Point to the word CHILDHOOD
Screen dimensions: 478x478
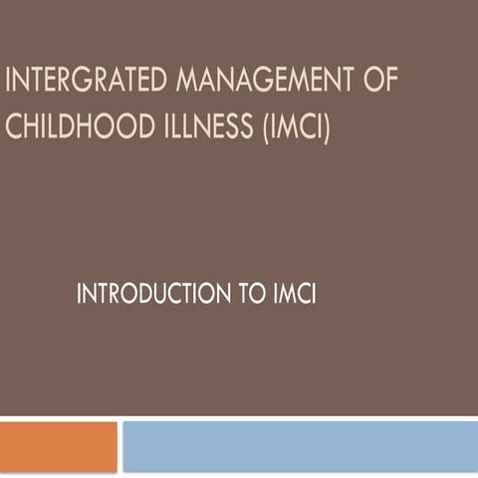coord(75,127)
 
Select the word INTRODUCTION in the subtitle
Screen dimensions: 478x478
coord(150,295)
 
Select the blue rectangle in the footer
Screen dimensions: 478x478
coord(299,445)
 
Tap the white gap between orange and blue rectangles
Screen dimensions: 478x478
coord(119,445)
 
